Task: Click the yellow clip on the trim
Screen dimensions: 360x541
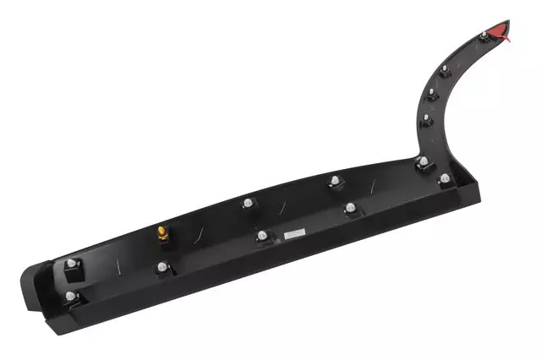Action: coord(161,232)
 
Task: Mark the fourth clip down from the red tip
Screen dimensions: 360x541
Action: coord(426,117)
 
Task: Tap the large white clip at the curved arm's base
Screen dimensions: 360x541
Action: coord(421,161)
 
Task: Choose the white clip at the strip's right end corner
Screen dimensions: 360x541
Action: coord(443,178)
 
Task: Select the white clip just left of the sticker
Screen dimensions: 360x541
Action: coord(262,234)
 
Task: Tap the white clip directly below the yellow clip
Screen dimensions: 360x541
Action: coord(161,267)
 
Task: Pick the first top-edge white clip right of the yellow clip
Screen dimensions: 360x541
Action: coord(248,202)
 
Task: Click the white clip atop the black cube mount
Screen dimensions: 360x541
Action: coord(71,263)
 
